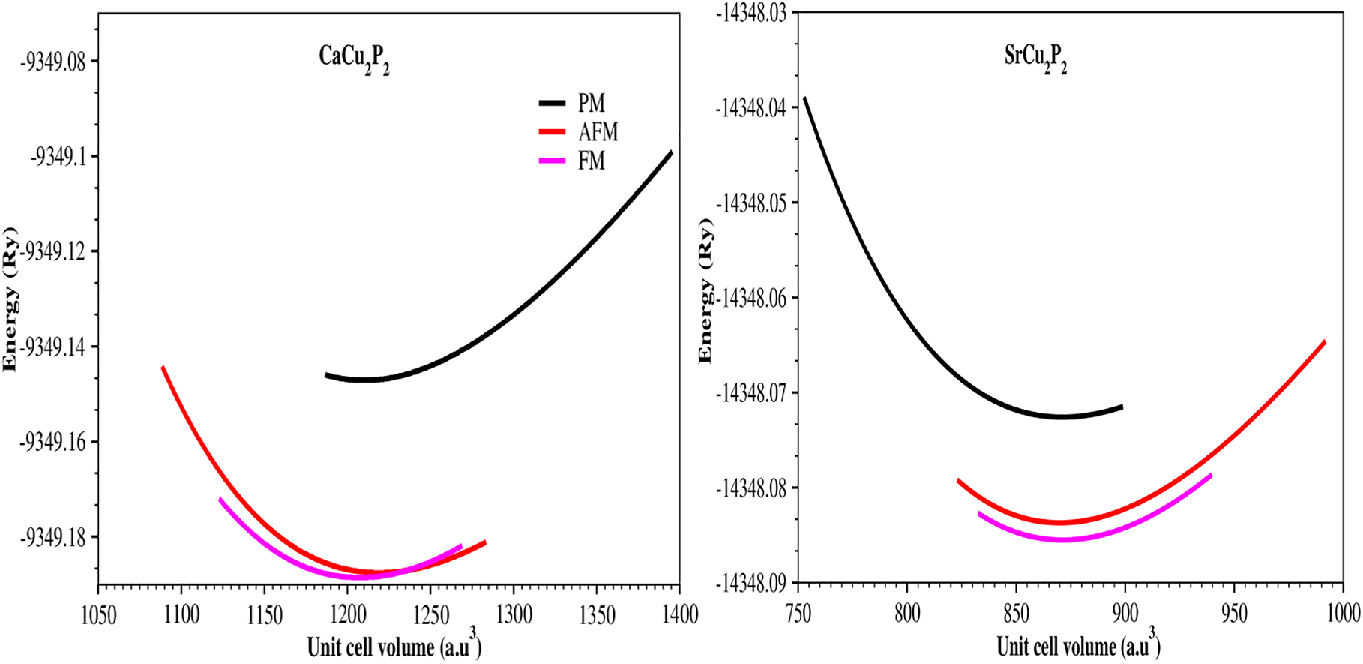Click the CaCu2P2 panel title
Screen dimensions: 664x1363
pyautogui.click(x=354, y=58)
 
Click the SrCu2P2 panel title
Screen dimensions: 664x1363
pyautogui.click(x=1035, y=58)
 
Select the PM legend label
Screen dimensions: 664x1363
pyautogui.click(x=591, y=103)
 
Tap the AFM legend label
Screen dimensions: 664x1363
pyautogui.click(x=598, y=132)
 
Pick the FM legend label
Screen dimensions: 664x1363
pyautogui.click(x=591, y=161)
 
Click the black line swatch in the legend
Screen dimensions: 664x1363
pyautogui.click(x=551, y=103)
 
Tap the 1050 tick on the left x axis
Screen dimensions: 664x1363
pyautogui.click(x=98, y=615)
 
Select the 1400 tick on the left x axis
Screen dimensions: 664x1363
pyautogui.click(x=679, y=615)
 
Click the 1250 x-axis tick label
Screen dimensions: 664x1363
pyautogui.click(x=430, y=615)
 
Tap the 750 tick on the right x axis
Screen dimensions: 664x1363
pyautogui.click(x=798, y=614)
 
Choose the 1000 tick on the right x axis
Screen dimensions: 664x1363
pyautogui.click(x=1342, y=614)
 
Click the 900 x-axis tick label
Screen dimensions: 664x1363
pyautogui.click(x=1125, y=614)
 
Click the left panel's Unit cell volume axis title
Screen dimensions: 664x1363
pyautogui.click(x=394, y=645)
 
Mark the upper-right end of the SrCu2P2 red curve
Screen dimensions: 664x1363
pyautogui.click(x=1324, y=342)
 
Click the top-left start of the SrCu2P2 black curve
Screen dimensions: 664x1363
pyautogui.click(x=805, y=98)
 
